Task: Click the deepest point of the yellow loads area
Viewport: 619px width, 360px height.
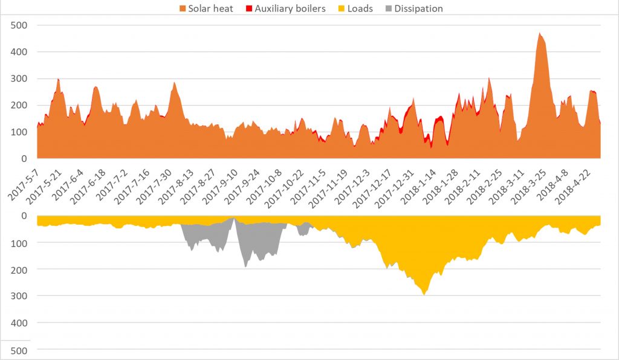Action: click(424, 294)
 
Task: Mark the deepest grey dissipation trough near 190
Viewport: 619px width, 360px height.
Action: click(245, 266)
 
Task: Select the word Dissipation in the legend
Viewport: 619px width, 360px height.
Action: click(418, 8)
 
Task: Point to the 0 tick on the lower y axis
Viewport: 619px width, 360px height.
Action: click(24, 216)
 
